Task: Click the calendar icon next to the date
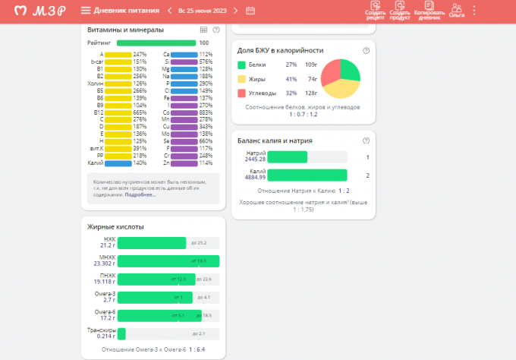point(250,11)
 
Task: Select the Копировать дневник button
point(429,10)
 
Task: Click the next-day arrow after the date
point(236,11)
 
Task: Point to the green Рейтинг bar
point(156,43)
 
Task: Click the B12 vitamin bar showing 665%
point(118,112)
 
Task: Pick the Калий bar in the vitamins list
point(118,163)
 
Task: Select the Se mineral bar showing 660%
point(184,141)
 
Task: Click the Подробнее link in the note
point(140,194)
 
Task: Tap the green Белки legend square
point(242,65)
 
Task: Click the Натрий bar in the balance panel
point(288,157)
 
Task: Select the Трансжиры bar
point(121,333)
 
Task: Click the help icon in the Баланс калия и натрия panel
point(367,141)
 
